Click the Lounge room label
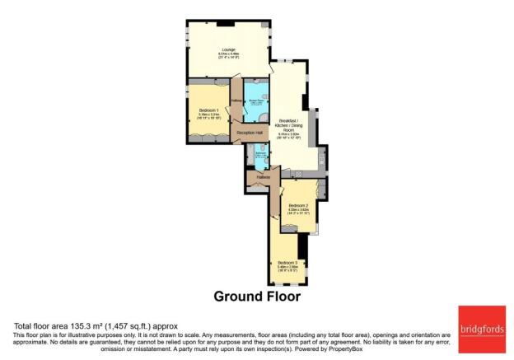(228, 51)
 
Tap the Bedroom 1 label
(208, 110)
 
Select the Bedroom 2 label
(298, 205)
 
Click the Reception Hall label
(250, 133)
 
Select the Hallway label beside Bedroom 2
(264, 176)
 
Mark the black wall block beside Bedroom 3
(302, 245)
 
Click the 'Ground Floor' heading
(256, 296)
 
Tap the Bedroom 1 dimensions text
(208, 116)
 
